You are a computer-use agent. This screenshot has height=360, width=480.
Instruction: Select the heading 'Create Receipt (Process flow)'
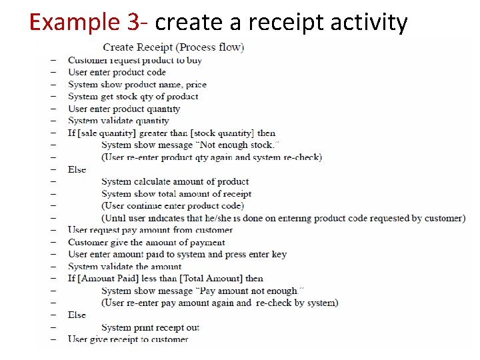(173, 47)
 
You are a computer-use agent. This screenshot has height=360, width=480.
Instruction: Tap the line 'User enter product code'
(117, 72)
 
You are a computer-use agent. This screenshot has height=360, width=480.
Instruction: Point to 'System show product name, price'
(137, 85)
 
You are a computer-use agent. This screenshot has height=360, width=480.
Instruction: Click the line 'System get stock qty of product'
(133, 97)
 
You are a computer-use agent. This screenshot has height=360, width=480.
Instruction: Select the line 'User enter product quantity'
(124, 109)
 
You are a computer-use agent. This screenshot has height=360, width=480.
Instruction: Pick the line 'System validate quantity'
(119, 121)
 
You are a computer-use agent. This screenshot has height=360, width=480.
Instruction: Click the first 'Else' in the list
(77, 169)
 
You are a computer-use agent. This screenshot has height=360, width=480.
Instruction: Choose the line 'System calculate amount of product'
(175, 181)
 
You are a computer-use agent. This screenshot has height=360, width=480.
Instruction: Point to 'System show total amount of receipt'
(176, 194)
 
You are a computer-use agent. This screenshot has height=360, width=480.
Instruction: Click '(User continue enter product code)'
(173, 206)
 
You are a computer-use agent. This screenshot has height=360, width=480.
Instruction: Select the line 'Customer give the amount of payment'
(147, 243)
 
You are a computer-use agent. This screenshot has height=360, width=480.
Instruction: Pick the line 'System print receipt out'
(150, 327)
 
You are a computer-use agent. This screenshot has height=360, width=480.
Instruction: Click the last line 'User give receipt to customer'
(128, 339)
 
